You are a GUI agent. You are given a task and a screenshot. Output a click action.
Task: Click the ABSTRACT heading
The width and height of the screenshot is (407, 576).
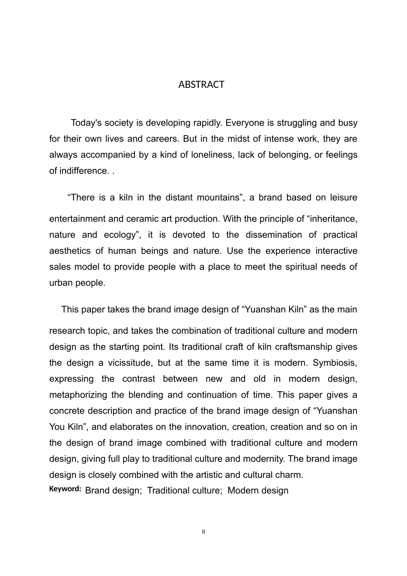point(201,84)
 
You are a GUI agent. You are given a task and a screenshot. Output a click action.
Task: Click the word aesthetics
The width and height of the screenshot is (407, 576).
point(70,251)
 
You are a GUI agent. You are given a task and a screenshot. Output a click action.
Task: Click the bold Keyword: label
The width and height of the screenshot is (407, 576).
point(65,489)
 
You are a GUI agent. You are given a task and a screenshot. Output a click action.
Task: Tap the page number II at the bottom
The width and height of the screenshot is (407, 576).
point(203,532)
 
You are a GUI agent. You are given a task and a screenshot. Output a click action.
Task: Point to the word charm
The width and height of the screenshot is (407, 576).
point(291,475)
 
